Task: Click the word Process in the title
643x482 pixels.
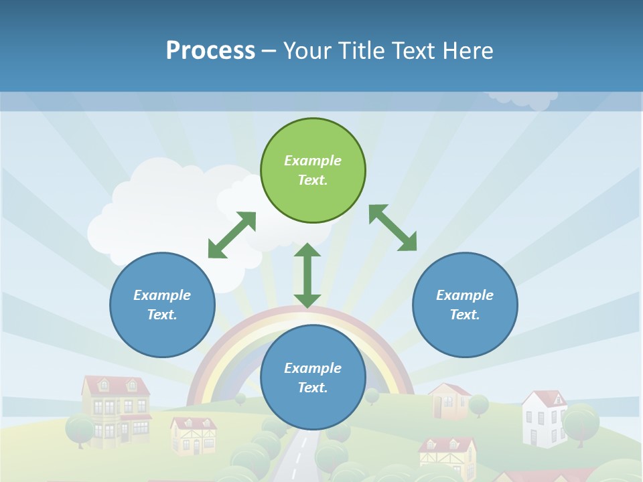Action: (210, 51)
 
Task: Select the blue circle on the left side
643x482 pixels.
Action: (162, 305)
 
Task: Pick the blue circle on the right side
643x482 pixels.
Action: (465, 305)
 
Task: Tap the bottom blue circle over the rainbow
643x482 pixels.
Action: (313, 378)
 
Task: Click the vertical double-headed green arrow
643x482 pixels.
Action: (307, 275)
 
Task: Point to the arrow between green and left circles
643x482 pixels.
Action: (232, 235)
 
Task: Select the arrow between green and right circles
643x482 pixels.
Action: (392, 228)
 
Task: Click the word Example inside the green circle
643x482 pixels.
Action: (313, 161)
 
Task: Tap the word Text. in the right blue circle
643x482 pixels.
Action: (465, 315)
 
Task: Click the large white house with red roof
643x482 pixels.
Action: (544, 418)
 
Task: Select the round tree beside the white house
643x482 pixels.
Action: (580, 422)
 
